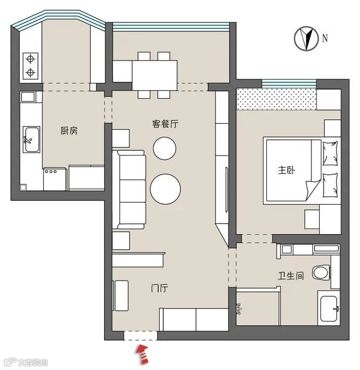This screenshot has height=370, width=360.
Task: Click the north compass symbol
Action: [x=306, y=38]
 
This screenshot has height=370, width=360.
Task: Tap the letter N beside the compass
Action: [x=325, y=38]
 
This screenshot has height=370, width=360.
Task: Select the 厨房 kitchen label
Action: [x=69, y=130]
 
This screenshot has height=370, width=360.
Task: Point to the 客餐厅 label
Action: [x=165, y=124]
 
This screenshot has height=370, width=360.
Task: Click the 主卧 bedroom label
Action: [x=286, y=170]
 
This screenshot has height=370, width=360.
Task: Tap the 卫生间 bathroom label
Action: [x=291, y=276]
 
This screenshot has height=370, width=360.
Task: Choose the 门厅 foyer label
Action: [x=159, y=288]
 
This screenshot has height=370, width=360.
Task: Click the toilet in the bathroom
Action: [x=321, y=272]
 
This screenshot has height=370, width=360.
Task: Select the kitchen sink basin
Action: [x=32, y=140]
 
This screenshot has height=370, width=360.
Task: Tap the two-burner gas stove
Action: [x=31, y=66]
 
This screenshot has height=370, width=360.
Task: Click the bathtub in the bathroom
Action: [x=328, y=308]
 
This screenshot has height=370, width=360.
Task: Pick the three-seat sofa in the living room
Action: [x=129, y=189]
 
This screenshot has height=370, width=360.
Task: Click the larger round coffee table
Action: [x=165, y=189]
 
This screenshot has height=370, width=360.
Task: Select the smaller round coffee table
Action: [x=164, y=148]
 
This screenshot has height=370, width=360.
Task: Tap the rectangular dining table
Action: [x=154, y=75]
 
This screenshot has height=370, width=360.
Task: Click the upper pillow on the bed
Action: [x=330, y=153]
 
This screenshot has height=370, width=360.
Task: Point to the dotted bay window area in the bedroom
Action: [x=277, y=99]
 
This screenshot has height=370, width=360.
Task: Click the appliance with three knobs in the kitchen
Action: [x=55, y=179]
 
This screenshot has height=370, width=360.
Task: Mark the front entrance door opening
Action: [x=141, y=336]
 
